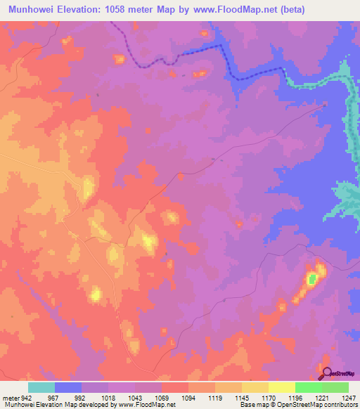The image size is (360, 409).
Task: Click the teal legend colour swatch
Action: pyautogui.click(x=41, y=387)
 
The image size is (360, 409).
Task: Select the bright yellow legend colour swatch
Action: pyautogui.click(x=281, y=387)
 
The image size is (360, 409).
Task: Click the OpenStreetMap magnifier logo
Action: pyautogui.click(x=327, y=374)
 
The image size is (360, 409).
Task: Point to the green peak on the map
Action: pyautogui.click(x=312, y=279)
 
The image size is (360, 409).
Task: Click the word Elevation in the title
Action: pyautogui.click(x=84, y=9)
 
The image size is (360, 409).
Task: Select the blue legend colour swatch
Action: pyautogui.click(x=67, y=387)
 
